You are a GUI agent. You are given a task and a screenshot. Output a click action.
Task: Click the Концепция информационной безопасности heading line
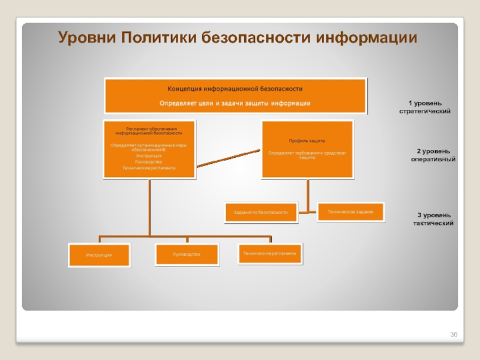coord(235,89)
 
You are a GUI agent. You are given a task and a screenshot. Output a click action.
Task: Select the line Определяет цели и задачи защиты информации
coord(235,103)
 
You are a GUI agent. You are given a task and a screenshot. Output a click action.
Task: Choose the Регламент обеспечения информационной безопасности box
coord(149,148)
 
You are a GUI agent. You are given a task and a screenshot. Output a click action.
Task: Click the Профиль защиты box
coord(307,148)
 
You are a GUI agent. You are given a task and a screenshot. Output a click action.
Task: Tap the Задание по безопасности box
coord(261,212)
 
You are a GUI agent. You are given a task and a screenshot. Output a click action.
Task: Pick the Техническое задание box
coord(350,212)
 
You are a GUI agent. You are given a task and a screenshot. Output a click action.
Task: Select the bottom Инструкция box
coord(99,255)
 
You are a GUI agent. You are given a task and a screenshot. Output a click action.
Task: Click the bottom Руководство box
coord(187,254)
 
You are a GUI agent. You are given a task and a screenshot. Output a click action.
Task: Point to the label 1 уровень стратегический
coord(425,107)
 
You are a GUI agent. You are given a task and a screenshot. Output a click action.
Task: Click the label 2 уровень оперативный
coord(433,155)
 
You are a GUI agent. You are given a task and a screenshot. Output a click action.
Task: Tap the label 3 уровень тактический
coord(433,219)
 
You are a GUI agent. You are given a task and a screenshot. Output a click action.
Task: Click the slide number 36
coord(454,333)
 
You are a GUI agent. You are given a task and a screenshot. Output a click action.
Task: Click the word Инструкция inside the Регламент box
coord(149,156)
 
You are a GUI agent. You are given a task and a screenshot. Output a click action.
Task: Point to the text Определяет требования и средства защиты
coord(307,155)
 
